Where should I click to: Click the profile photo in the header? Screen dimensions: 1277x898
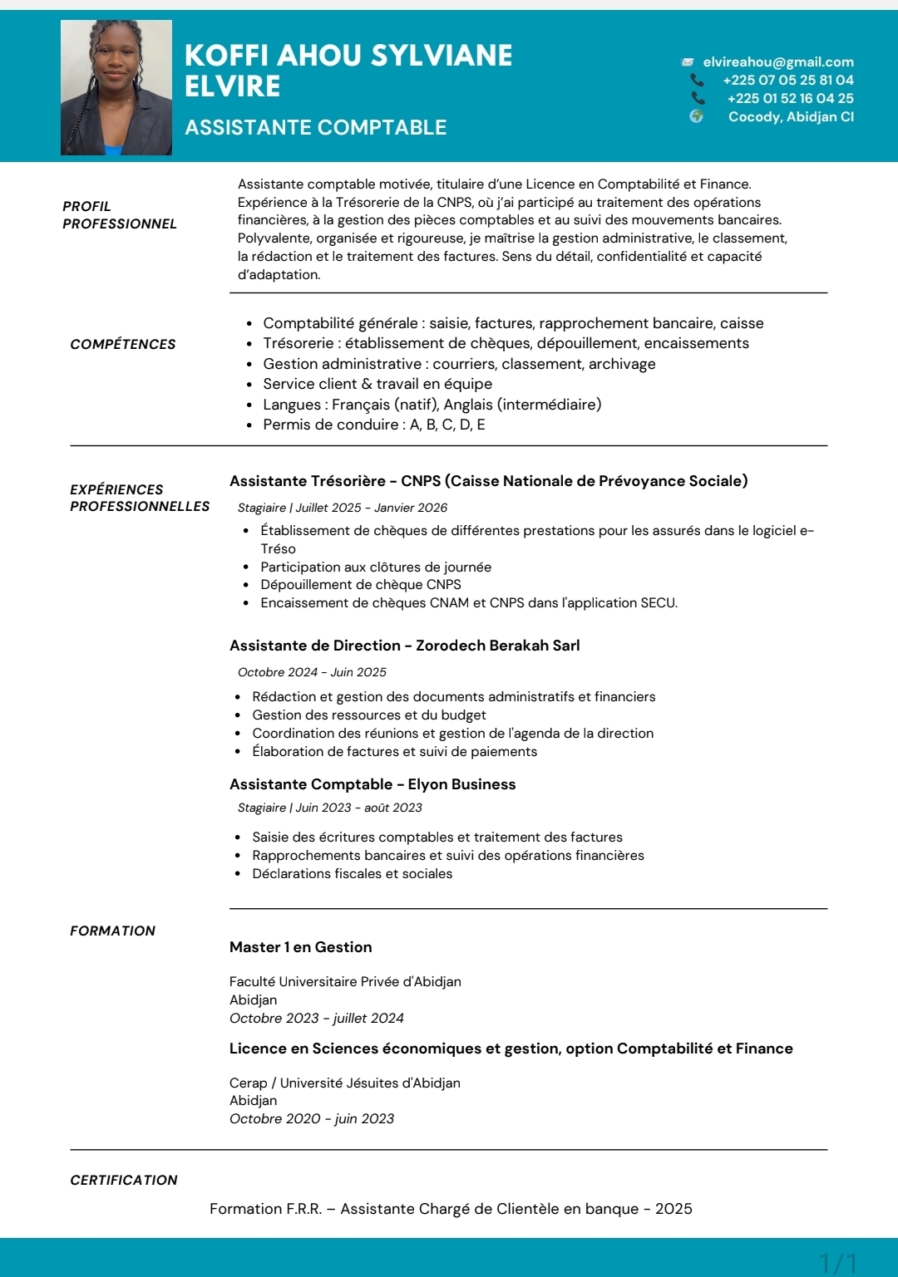116,88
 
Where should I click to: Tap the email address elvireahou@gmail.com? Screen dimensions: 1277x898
778,62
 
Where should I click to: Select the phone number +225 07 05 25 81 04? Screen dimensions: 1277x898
787,81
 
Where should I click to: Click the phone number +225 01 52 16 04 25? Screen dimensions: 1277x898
790,99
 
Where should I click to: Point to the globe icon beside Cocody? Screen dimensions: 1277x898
697,116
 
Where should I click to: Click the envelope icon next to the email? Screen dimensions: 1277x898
688,62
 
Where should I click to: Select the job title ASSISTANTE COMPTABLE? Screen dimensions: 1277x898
315,127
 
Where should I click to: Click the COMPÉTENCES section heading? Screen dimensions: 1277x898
123,345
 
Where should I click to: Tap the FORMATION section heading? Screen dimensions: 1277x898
112,931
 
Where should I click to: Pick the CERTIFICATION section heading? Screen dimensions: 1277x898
124,1181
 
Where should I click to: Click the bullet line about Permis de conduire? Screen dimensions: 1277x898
374,425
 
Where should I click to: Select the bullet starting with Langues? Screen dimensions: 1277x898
432,405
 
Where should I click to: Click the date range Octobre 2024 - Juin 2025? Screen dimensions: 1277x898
312,672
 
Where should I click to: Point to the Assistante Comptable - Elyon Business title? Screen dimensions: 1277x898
373,784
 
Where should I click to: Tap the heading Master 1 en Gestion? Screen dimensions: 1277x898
301,947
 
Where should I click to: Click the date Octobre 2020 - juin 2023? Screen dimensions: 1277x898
312,1119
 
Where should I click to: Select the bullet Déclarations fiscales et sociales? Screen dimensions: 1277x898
353,874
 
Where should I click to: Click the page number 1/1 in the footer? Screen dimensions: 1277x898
837,1264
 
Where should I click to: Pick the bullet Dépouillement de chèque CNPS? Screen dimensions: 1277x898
361,585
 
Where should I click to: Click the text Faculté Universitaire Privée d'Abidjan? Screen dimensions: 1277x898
345,982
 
